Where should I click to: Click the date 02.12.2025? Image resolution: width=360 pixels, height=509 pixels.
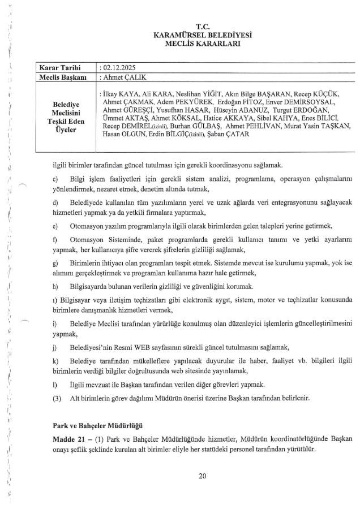coord(115,67)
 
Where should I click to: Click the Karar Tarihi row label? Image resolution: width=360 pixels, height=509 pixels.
coord(58,67)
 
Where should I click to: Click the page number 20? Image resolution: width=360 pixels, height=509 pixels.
coord(203,476)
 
